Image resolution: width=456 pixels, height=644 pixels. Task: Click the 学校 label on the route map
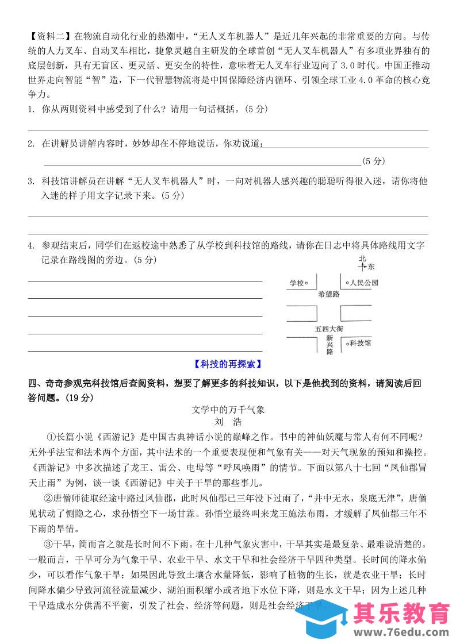click(296, 283)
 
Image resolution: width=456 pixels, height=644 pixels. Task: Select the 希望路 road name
click(328, 294)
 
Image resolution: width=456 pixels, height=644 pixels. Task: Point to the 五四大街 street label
click(329, 329)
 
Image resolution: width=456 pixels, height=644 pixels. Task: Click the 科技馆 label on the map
click(361, 342)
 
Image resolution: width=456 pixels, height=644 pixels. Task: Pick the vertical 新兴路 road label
click(329, 345)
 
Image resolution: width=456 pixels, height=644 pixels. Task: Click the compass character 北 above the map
click(362, 259)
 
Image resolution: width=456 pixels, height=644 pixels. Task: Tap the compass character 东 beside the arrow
click(371, 267)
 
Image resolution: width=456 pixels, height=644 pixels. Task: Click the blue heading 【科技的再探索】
click(228, 364)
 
